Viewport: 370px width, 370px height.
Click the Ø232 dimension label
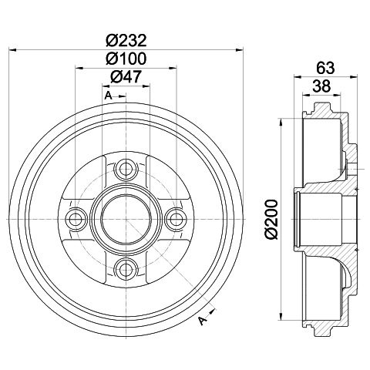[x=126, y=40]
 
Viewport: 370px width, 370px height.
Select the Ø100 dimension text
[x=126, y=59]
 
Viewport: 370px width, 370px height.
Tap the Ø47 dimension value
[x=126, y=76]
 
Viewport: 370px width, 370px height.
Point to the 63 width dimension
[x=325, y=68]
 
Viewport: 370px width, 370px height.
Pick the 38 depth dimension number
[x=321, y=86]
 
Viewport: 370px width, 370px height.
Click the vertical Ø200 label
[x=272, y=220]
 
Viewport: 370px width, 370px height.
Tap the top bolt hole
[x=126, y=169]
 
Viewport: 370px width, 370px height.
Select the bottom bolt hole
[x=126, y=269]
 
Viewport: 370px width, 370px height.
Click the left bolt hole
[x=76, y=219]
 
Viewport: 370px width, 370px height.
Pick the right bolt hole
[x=177, y=219]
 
